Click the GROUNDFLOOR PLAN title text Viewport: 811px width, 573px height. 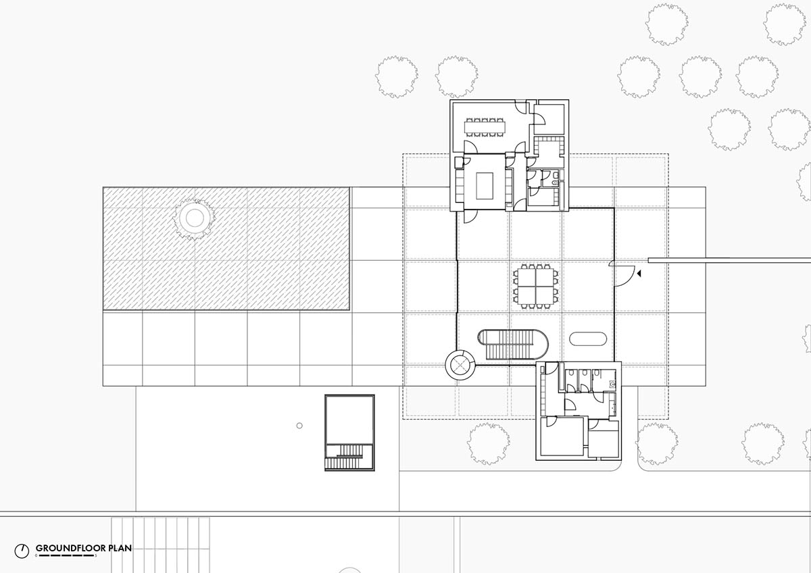click(x=84, y=548)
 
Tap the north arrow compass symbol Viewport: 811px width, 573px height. click(x=22, y=551)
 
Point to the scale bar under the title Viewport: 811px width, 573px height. click(x=66, y=555)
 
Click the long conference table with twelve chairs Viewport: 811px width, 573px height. click(x=485, y=127)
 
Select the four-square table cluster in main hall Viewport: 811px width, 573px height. click(x=535, y=286)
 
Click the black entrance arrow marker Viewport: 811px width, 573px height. click(x=639, y=274)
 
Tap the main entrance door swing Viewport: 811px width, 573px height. click(x=623, y=274)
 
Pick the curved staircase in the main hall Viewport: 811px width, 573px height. click(x=513, y=344)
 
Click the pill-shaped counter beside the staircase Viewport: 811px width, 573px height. click(x=588, y=339)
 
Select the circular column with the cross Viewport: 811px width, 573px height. click(x=460, y=365)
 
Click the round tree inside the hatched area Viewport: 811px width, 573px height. click(x=195, y=218)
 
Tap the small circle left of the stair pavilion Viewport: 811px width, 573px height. click(x=299, y=426)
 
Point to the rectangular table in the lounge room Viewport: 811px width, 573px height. click(x=485, y=186)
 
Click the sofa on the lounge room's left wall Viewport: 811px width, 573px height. click(x=460, y=186)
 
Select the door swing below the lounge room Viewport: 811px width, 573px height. click(x=470, y=217)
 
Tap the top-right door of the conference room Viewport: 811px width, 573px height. click(x=521, y=107)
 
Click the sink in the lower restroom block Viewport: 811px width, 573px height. click(x=612, y=383)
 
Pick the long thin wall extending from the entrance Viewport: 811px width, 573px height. click(x=729, y=260)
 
